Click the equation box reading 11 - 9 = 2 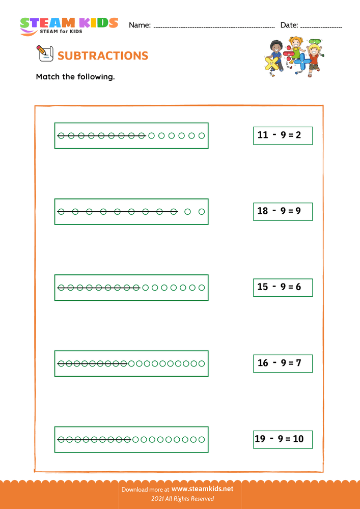click(283, 135)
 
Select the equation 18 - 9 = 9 click(283, 211)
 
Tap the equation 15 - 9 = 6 click(283, 287)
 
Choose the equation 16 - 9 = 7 click(283, 363)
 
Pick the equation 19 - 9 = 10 click(283, 439)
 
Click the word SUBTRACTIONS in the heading click(103, 55)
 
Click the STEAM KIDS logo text click(69, 23)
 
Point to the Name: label click(140, 25)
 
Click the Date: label click(289, 25)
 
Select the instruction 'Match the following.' click(75, 77)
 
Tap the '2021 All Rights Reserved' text click(180, 499)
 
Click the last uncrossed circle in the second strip click(202, 212)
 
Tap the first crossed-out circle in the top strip click(61, 136)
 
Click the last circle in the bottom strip click(202, 439)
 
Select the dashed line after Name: click(214, 26)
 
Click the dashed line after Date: click(321, 26)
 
